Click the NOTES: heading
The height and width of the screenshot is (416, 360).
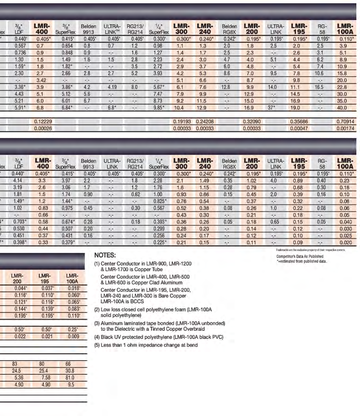tap(108, 255)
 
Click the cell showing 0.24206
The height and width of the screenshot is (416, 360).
tap(205, 121)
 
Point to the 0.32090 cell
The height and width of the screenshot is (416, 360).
tap(252, 121)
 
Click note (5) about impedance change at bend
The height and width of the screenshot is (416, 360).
tap(146, 345)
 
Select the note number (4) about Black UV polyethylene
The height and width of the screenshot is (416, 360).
tap(97, 337)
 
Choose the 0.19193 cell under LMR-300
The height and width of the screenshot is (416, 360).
tap(182, 121)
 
